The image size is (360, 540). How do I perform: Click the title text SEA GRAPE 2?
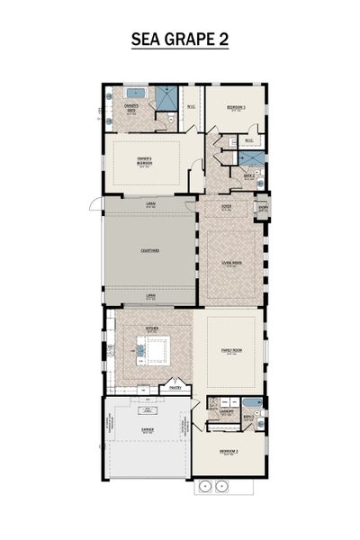click(x=180, y=39)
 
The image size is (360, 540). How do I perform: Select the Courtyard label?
click(x=149, y=251)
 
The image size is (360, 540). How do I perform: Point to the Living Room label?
click(x=232, y=263)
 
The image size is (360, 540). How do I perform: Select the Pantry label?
click(x=175, y=389)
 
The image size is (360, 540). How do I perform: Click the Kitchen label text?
click(x=152, y=329)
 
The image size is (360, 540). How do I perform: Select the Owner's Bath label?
click(x=131, y=112)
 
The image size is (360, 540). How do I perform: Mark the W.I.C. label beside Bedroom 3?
click(x=247, y=140)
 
